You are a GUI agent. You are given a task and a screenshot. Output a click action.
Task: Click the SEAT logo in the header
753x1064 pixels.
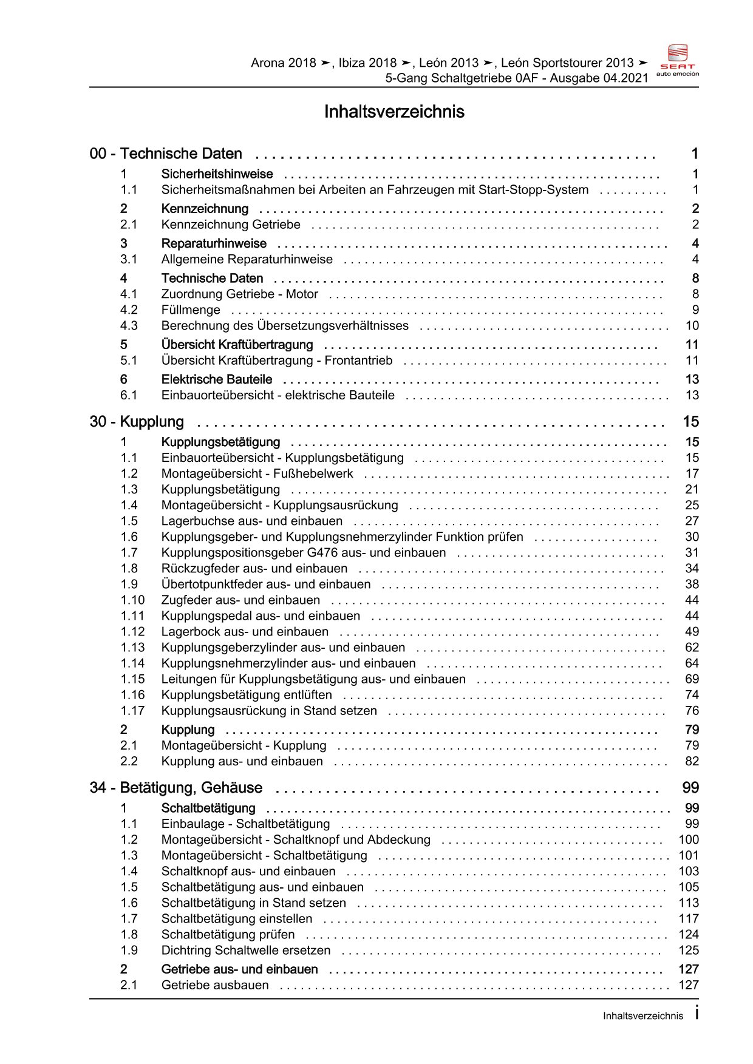[678, 59]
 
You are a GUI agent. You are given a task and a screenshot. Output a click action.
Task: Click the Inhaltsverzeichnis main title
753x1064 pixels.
[394, 112]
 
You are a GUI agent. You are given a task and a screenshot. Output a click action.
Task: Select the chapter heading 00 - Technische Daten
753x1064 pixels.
[166, 154]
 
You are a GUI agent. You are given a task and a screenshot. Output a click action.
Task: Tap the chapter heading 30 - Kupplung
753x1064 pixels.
[137, 422]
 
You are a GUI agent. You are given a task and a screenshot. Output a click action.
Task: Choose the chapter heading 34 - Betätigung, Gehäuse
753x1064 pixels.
[176, 788]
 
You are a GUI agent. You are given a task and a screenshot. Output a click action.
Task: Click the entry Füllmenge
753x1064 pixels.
[191, 310]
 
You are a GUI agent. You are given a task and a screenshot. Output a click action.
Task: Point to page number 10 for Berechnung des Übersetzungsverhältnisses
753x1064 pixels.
[692, 325]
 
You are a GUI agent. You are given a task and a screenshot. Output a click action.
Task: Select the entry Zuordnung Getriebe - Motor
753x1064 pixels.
[239, 294]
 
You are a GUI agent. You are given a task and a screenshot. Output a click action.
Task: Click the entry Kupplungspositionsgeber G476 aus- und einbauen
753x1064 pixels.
[303, 552]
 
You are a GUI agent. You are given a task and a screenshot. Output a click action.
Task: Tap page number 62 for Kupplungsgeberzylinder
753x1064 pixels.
[692, 647]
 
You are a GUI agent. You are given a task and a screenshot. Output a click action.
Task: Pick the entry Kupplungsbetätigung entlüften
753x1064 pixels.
[247, 694]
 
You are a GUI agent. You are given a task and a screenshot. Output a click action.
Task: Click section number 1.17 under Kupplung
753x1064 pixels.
[132, 710]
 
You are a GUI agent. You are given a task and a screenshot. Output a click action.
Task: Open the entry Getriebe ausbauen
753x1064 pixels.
[215, 985]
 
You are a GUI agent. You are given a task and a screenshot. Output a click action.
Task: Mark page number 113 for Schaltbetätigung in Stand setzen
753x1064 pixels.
[689, 903]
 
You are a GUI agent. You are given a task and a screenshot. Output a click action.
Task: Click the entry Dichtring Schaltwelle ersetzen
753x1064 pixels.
[246, 950]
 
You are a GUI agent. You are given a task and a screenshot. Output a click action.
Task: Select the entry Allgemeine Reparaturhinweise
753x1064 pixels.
[247, 259]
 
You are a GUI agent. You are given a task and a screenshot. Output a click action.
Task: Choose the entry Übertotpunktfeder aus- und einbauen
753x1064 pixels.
[265, 584]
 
